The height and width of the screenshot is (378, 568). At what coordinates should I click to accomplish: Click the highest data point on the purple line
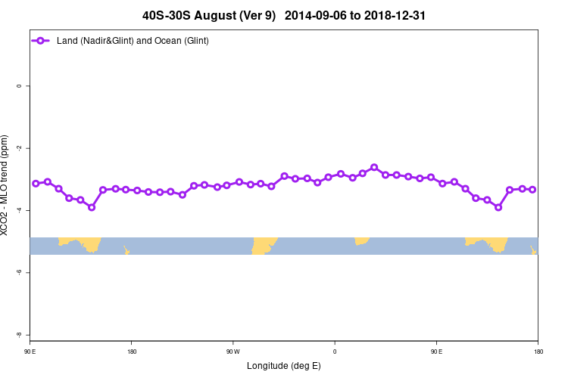(x=374, y=167)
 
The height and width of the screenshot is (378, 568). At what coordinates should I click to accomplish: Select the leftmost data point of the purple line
(x=36, y=184)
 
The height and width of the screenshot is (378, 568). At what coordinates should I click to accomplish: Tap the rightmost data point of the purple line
(x=532, y=189)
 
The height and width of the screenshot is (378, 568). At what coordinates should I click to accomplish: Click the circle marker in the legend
(x=42, y=40)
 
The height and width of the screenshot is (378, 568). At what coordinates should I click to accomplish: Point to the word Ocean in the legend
(x=154, y=40)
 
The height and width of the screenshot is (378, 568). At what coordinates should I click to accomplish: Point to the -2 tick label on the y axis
(x=19, y=148)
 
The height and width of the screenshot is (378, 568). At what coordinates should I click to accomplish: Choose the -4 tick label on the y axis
(x=19, y=210)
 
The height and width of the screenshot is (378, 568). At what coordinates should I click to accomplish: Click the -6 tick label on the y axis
(x=19, y=272)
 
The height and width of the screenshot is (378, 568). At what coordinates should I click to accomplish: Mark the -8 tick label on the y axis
(x=19, y=334)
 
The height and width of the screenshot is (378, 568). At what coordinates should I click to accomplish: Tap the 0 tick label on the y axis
(x=19, y=86)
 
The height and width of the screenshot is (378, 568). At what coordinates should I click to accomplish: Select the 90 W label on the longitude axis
(x=233, y=351)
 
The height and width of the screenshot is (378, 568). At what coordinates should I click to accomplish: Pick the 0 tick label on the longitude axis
(x=335, y=351)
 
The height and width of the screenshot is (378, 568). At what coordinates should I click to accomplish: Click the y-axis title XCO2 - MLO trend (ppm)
(x=7, y=185)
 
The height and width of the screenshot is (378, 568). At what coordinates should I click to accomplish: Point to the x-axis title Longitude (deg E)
(x=284, y=366)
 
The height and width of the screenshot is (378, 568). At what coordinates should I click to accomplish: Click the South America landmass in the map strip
(x=264, y=245)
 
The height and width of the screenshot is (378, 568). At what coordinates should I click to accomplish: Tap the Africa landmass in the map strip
(x=362, y=240)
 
